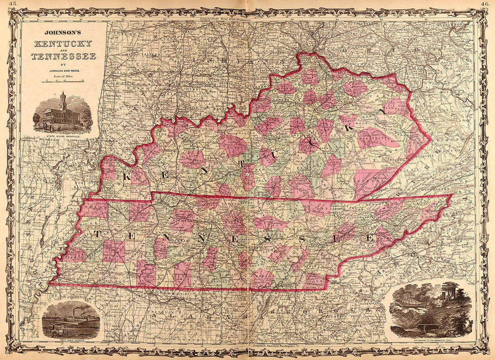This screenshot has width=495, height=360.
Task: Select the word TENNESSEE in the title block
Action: pyautogui.click(x=63, y=56)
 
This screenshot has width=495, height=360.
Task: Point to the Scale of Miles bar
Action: pyautogui.click(x=63, y=81)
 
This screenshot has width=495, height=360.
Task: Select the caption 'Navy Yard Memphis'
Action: pyautogui.click(x=71, y=341)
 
